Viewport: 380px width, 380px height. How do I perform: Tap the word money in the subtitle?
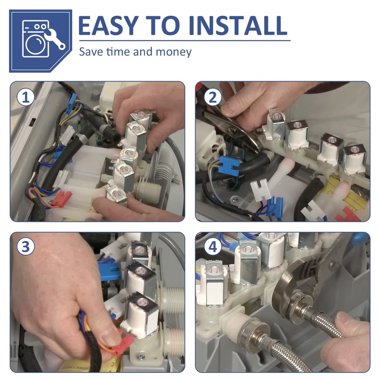(x=173, y=52)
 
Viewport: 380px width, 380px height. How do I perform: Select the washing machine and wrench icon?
(x=40, y=41)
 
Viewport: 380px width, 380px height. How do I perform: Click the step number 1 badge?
(x=26, y=97)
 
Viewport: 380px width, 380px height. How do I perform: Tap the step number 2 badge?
(x=212, y=97)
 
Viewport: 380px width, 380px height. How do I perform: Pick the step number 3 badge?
(x=26, y=247)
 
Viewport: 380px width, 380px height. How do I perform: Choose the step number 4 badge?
(x=212, y=247)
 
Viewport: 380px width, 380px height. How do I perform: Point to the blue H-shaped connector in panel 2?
(x=229, y=164)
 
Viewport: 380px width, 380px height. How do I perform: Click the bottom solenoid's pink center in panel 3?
(x=140, y=302)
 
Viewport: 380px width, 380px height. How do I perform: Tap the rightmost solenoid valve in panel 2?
(x=354, y=159)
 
